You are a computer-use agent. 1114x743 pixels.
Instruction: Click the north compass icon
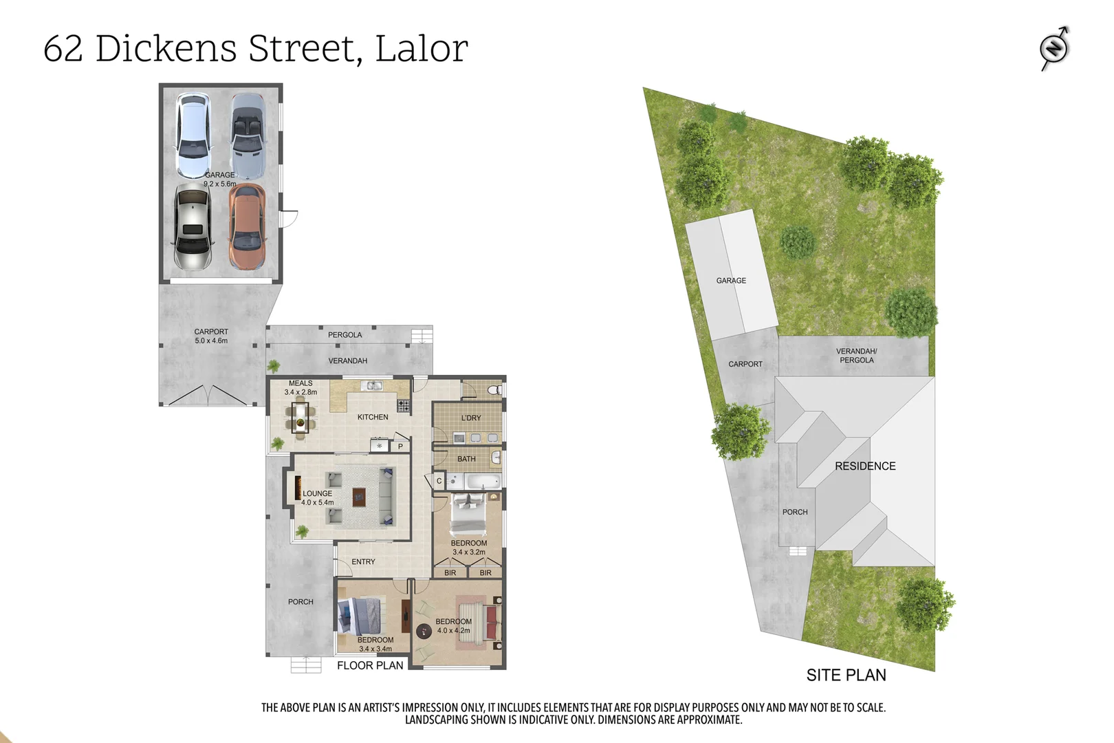click(1054, 48)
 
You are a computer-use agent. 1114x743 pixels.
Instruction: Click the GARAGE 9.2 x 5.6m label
click(219, 180)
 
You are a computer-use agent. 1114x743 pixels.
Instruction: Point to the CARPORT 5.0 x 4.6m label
click(211, 336)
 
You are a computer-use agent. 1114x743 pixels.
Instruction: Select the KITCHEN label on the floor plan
click(373, 417)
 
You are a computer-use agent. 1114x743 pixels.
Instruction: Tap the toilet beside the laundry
click(494, 390)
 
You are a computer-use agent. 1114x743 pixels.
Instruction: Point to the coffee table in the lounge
click(358, 497)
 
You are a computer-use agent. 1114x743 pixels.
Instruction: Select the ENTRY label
click(363, 561)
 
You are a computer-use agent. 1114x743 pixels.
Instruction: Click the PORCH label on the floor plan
click(301, 601)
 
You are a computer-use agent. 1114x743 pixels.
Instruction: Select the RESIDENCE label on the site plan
click(865, 466)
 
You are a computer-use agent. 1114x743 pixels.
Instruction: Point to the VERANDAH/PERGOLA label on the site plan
click(856, 355)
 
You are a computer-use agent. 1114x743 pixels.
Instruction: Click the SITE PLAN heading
click(846, 675)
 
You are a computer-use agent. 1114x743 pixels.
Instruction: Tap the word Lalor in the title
click(422, 48)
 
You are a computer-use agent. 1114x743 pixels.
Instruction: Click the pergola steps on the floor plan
click(422, 336)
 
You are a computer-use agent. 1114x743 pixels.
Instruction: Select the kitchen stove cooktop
click(404, 406)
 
